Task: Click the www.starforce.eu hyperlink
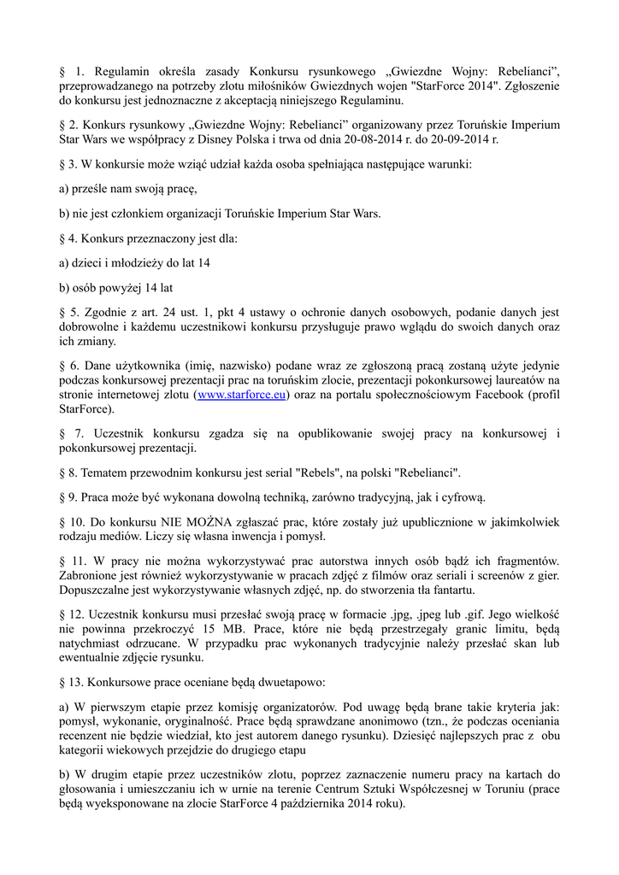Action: (242, 395)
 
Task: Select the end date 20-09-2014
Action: (466, 138)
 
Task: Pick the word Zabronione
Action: (91, 575)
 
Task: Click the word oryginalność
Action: (195, 722)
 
